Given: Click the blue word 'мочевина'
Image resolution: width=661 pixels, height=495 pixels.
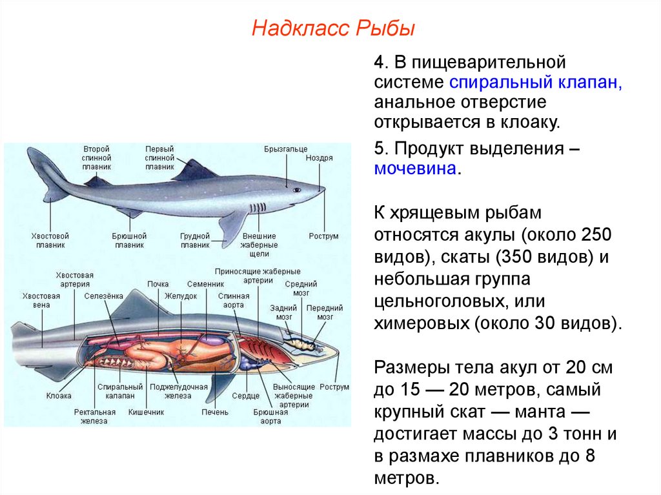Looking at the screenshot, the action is pyautogui.click(x=415, y=169).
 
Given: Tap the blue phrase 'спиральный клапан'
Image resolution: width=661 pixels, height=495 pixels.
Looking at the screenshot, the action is pyautogui.click(x=535, y=83).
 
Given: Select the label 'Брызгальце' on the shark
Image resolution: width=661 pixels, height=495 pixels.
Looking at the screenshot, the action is pyautogui.click(x=285, y=149).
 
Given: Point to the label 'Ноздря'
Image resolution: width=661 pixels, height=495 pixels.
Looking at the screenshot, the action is pyautogui.click(x=320, y=157).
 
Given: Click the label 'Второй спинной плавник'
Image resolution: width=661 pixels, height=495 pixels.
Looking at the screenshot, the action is pyautogui.click(x=97, y=157).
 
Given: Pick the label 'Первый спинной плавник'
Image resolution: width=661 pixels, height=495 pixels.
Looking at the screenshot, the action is pyautogui.click(x=159, y=157).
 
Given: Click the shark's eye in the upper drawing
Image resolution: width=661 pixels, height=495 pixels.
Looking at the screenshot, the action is pyautogui.click(x=296, y=190).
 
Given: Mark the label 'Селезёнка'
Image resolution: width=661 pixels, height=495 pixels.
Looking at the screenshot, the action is pyautogui.click(x=103, y=296).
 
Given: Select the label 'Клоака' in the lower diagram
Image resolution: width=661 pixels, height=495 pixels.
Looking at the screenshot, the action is pyautogui.click(x=59, y=396).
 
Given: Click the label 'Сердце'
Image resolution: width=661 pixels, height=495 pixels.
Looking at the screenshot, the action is pyautogui.click(x=246, y=396).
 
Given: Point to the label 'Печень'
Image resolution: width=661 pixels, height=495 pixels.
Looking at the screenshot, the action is pyautogui.click(x=214, y=411).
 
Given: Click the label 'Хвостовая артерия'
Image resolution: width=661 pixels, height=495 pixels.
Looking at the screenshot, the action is pyautogui.click(x=74, y=279).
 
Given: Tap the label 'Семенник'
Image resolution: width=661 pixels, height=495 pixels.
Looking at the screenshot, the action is pyautogui.click(x=205, y=284).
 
